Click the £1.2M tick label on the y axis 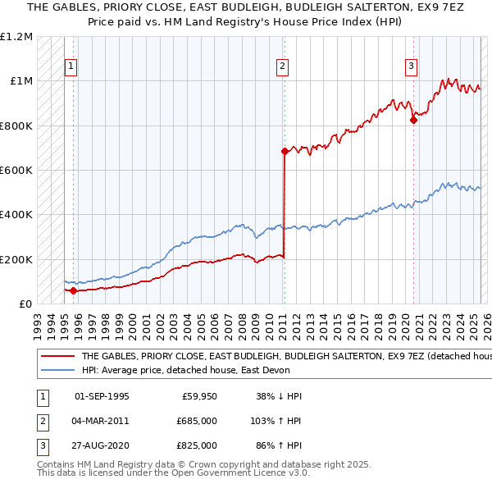(17, 37)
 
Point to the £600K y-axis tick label (17, 171)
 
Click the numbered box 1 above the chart (72, 67)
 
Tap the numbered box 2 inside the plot (282, 67)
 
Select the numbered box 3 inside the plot (411, 67)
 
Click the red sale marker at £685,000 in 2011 (285, 151)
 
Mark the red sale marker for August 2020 (413, 120)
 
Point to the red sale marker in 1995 (74, 290)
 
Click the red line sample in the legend (57, 357)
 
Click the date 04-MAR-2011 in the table (102, 421)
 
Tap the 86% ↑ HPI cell (279, 445)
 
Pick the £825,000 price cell (196, 445)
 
